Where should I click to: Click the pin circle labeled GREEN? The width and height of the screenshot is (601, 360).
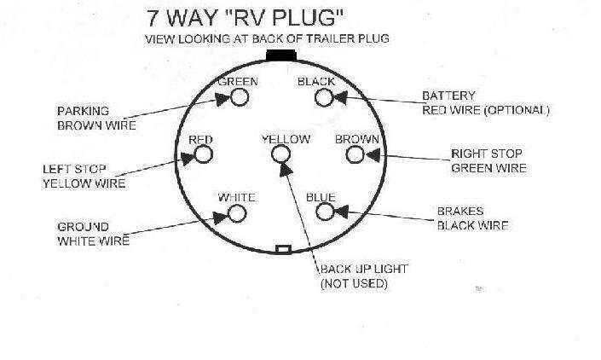239,98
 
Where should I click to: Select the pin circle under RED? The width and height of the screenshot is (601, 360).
203,154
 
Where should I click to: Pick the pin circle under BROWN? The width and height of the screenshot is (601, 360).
356,154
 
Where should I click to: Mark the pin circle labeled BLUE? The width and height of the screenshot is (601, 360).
323,211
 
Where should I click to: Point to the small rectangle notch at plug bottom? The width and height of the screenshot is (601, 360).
284,250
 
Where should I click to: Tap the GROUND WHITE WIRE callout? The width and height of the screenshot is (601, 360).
93,234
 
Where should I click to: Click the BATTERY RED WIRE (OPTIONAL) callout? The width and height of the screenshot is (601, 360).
484,104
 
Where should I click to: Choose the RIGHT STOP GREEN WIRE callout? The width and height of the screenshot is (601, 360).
488,161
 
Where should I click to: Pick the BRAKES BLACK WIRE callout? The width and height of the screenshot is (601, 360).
472,219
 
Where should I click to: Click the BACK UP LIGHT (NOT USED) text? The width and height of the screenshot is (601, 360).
362,276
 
